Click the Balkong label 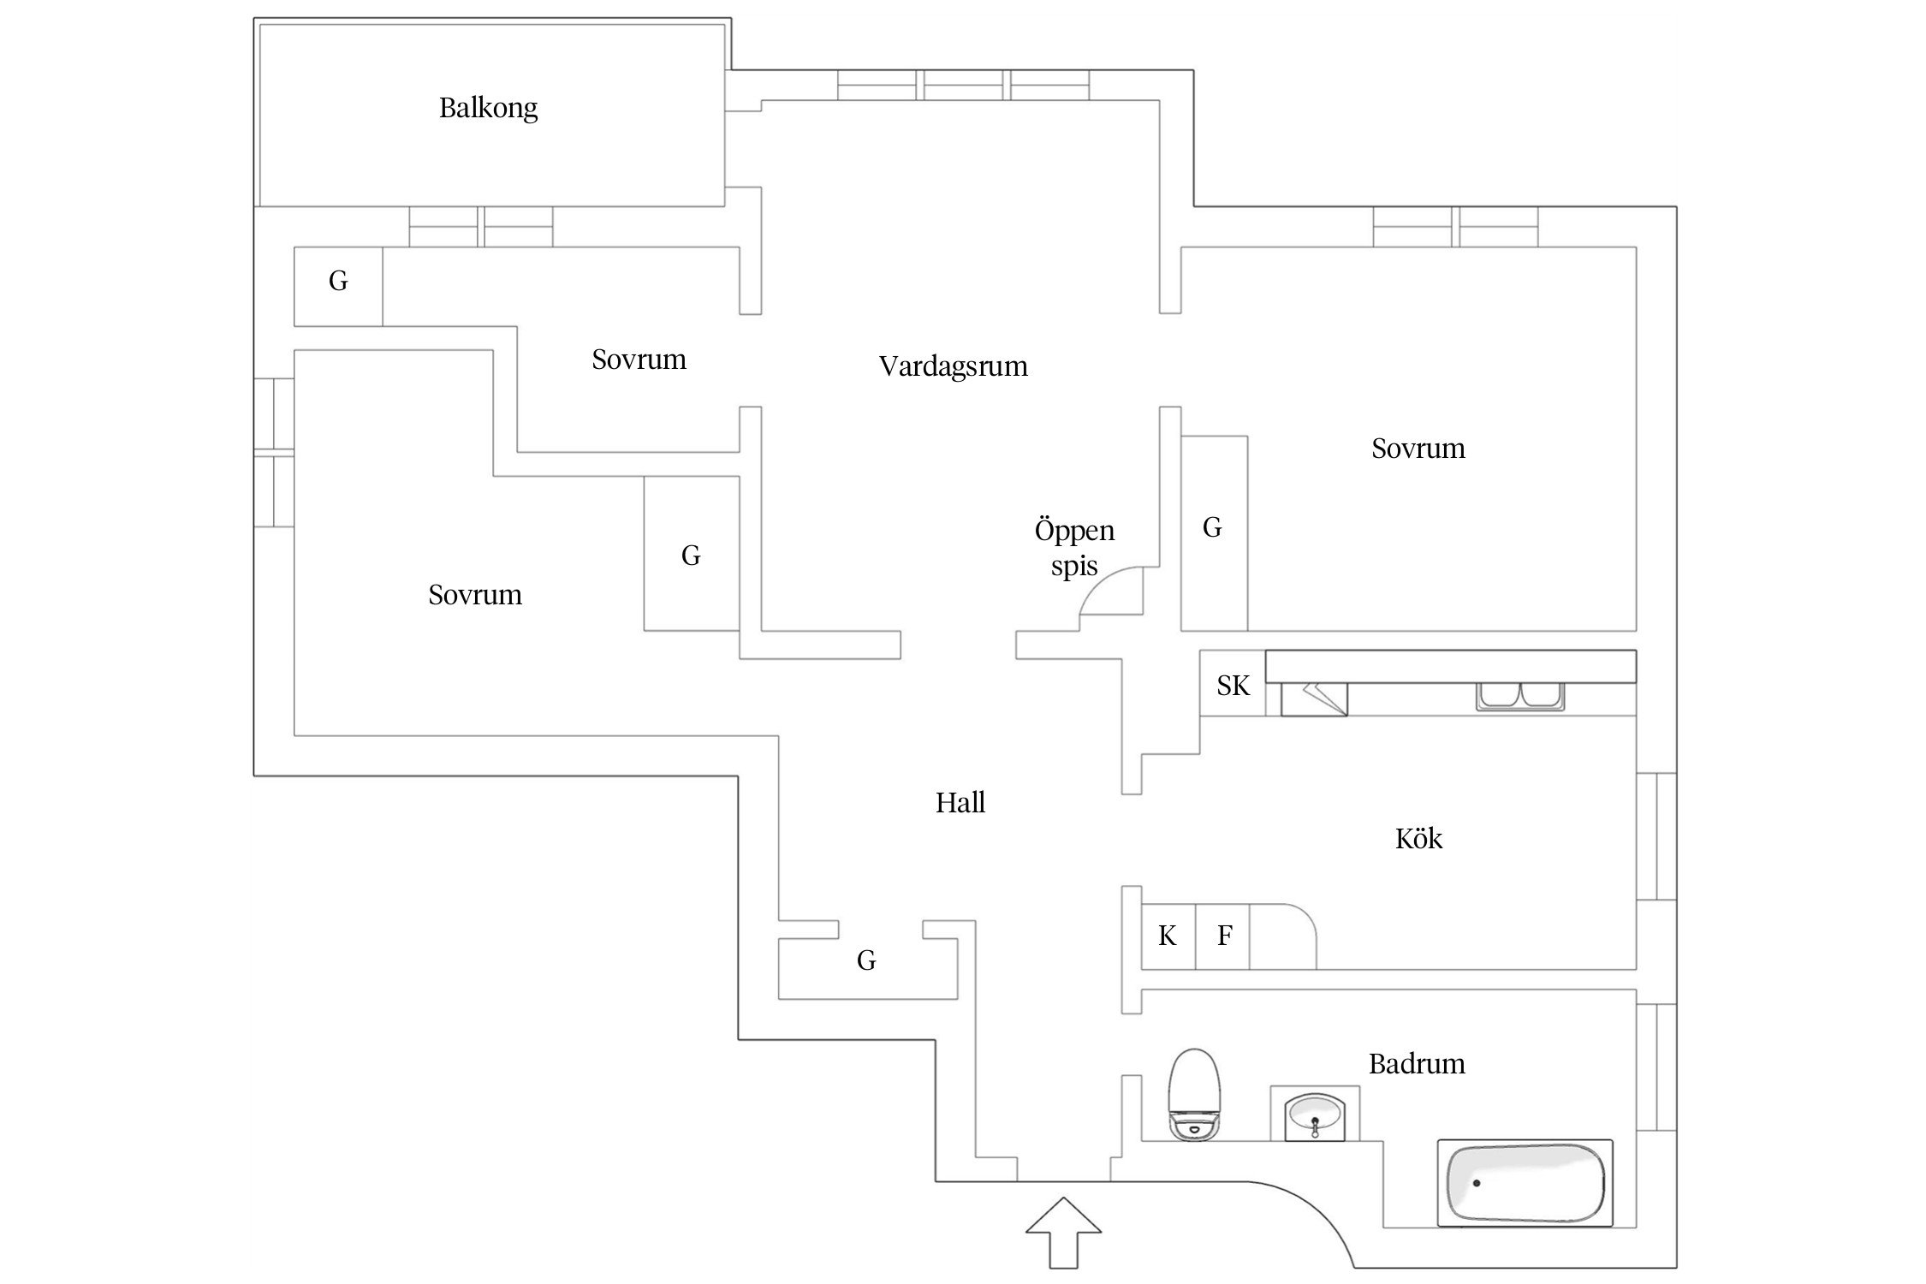(488, 109)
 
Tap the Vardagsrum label (953, 366)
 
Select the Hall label (960, 803)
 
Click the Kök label (1418, 839)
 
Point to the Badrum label (1417, 1064)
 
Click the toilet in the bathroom (1194, 1096)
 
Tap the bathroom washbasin (1315, 1116)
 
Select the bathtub (1525, 1183)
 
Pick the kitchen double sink (1519, 696)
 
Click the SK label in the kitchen (1233, 686)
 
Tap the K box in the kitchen (1168, 936)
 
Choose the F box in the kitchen (1224, 936)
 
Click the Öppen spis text (1074, 549)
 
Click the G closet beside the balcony (338, 282)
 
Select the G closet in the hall (866, 960)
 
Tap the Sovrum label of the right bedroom (1418, 449)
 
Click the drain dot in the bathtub (1477, 1183)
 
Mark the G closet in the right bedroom (1212, 528)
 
